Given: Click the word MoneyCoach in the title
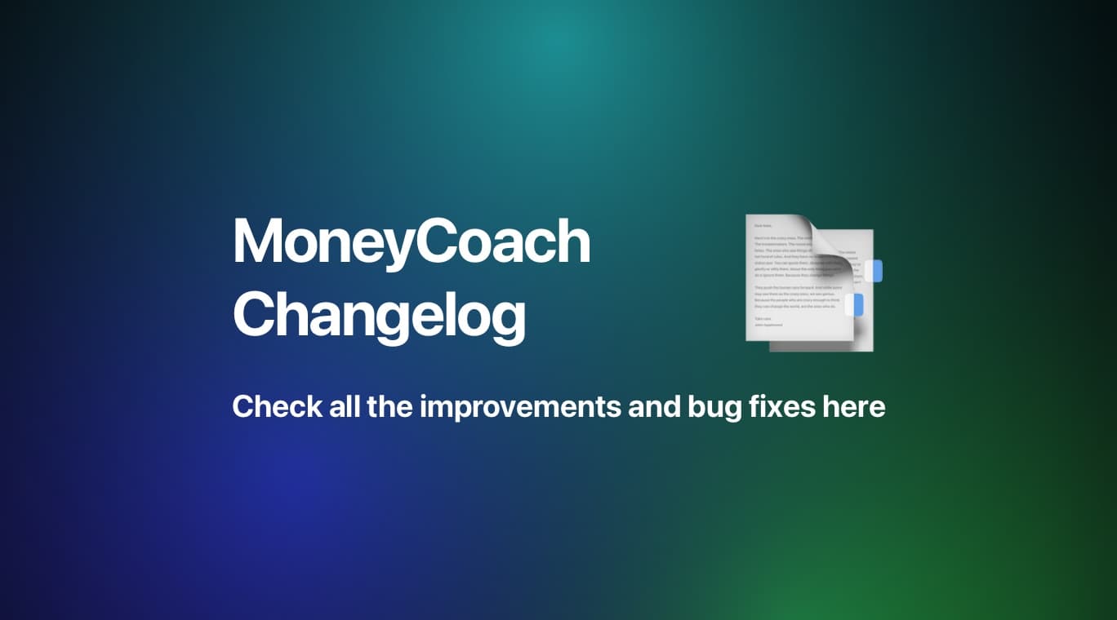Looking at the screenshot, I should tap(411, 242).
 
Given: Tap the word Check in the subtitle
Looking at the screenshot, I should tap(276, 406).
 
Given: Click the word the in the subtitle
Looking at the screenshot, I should tap(390, 406).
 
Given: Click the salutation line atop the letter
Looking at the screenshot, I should tap(763, 225).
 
